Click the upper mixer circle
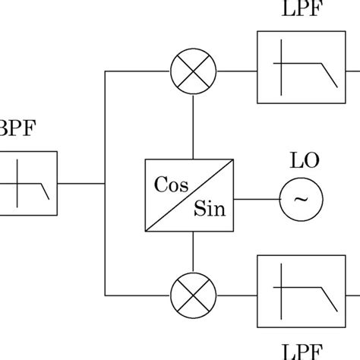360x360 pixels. click(194, 72)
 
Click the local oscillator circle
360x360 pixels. click(302, 200)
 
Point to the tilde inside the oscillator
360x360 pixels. click(302, 200)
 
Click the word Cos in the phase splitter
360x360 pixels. click(171, 185)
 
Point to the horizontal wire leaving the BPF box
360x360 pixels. click(80, 183)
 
